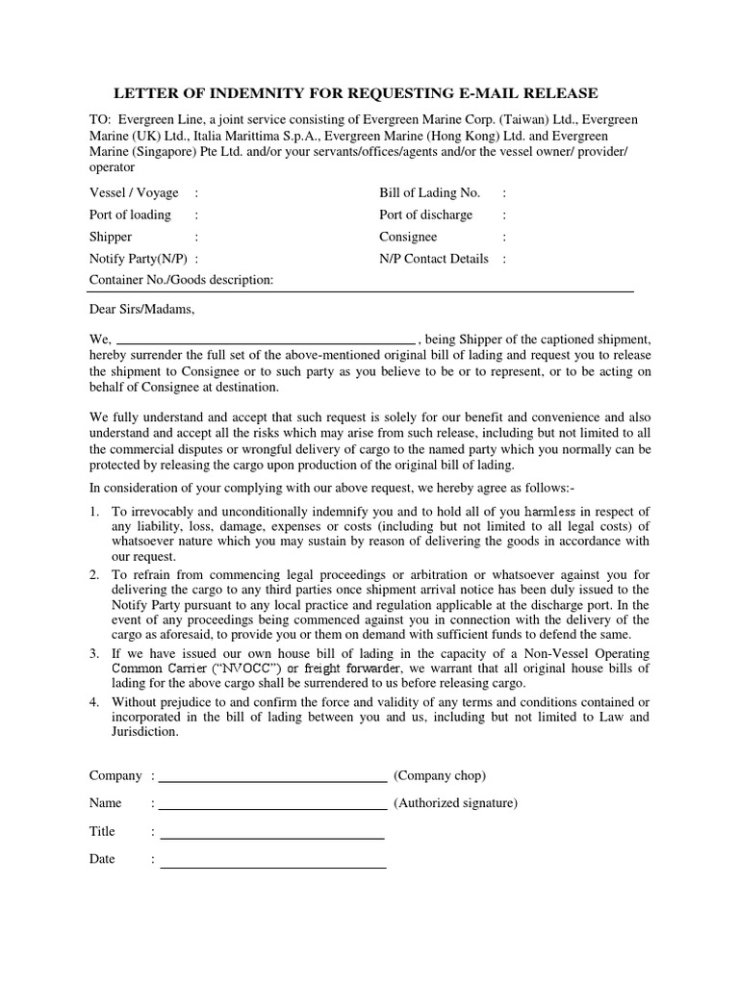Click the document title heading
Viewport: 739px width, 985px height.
coord(356,93)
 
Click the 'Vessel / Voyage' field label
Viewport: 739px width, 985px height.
coord(134,192)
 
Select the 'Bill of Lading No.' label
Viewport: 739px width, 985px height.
coord(429,192)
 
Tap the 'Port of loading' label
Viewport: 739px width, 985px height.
coord(130,215)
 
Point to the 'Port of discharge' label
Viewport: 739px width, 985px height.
coord(425,215)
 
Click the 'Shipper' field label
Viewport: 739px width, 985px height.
coord(111,237)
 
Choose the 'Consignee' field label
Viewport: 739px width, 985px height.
coord(408,237)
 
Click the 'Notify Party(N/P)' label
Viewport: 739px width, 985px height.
coord(139,259)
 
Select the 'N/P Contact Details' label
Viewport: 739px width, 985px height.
coord(434,259)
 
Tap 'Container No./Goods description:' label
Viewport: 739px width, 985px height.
coord(182,280)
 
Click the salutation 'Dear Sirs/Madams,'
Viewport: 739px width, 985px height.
coord(141,310)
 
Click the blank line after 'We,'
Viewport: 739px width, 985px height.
coord(266,341)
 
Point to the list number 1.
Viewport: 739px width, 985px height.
coord(94,511)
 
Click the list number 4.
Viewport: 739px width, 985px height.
coord(94,701)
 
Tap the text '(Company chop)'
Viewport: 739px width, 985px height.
coord(440,775)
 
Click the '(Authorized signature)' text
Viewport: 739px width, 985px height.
coord(455,803)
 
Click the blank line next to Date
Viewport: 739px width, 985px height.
coord(272,866)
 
